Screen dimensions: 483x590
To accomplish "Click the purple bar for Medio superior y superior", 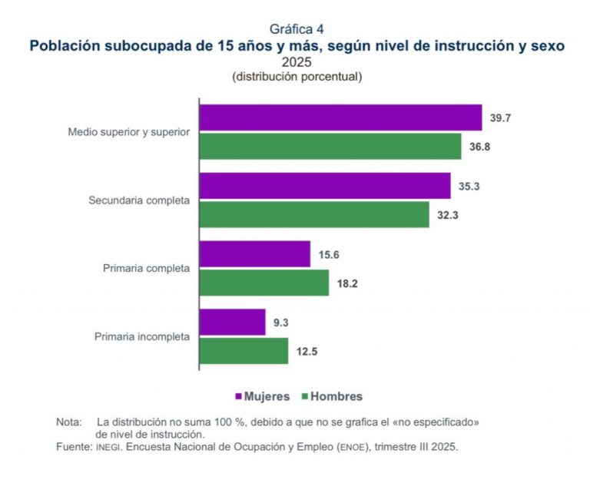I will coord(340,117).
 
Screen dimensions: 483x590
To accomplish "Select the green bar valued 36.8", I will coord(330,146).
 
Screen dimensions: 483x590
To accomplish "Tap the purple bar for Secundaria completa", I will coord(325,186).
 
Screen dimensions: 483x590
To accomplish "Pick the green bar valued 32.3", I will coord(314,215).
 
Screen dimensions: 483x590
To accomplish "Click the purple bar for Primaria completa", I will coord(255,254).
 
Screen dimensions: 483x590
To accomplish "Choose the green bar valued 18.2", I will coord(264,283).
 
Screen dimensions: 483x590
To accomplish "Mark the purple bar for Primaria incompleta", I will coord(233,323).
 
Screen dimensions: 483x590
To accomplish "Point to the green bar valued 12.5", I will coord(244,351).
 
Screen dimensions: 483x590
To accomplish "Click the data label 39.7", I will coord(501,117).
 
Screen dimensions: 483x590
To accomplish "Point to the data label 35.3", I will coord(469,186).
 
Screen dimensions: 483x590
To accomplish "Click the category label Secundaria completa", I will coord(139,200).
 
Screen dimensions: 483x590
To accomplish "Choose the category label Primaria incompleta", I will coord(142,336).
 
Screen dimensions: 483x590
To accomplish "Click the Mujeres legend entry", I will coord(262,396).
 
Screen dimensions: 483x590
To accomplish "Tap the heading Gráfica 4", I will coord(296,30).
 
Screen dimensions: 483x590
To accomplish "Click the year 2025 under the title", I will coord(296,62).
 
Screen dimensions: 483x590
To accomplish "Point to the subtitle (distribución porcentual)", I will coord(296,77).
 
